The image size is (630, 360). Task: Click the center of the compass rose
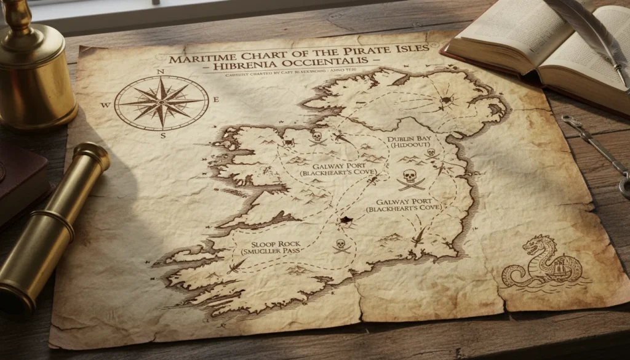(161, 103)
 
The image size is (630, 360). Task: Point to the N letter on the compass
(161, 72)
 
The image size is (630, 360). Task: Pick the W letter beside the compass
(105, 105)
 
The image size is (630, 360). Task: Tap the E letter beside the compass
(216, 100)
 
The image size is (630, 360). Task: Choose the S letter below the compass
(163, 135)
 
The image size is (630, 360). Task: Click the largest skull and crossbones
(410, 178)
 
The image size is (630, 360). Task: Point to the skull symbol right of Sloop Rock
(340, 246)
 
